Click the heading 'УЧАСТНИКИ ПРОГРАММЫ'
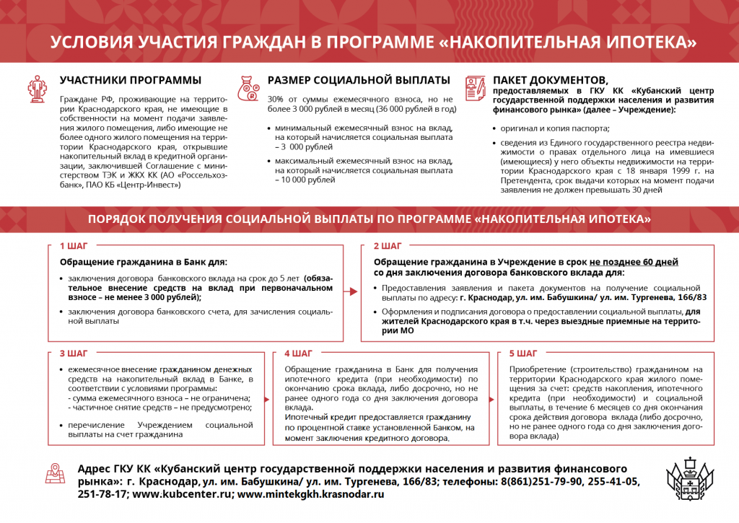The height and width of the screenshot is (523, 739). click(x=130, y=80)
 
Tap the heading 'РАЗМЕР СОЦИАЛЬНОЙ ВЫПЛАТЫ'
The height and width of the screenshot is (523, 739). click(x=359, y=80)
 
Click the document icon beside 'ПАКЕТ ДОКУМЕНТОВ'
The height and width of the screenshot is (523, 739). click(x=475, y=89)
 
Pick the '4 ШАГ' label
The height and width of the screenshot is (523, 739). click(x=298, y=353)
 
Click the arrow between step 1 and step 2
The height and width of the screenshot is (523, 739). click(x=351, y=292)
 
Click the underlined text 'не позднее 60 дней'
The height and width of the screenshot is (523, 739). click(x=634, y=262)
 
